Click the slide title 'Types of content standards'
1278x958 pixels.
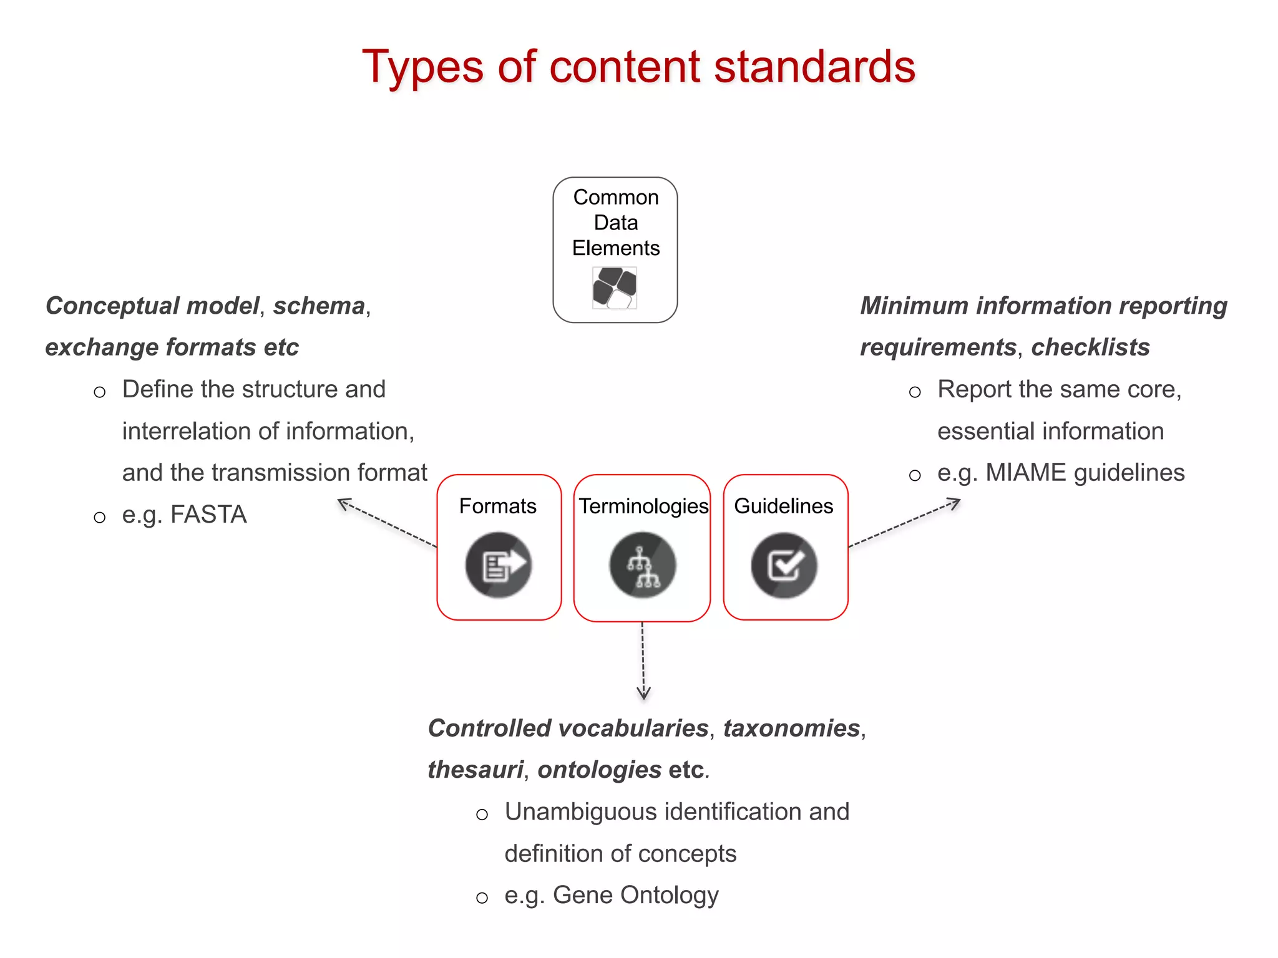[x=638, y=67]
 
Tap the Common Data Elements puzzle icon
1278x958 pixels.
[x=615, y=288]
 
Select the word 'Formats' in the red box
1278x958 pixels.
[x=497, y=506]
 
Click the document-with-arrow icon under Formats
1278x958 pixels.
[x=498, y=565]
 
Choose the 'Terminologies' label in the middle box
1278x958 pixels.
[x=643, y=506]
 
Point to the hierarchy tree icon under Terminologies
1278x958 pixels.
[x=643, y=566]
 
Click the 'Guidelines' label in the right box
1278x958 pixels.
[x=783, y=506]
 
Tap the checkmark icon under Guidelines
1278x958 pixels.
[x=784, y=566]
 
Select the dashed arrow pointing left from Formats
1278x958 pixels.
[x=387, y=523]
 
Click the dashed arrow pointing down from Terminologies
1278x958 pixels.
[x=643, y=661]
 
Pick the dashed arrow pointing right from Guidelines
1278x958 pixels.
[x=905, y=524]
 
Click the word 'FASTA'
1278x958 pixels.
[x=208, y=515]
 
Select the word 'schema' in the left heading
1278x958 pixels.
[x=319, y=306]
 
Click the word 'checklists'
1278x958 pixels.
[x=1090, y=347]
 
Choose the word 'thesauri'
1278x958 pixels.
[x=475, y=770]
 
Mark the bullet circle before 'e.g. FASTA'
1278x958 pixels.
[x=100, y=517]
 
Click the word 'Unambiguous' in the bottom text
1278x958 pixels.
[x=580, y=811]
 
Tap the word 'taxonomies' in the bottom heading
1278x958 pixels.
[x=791, y=728]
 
